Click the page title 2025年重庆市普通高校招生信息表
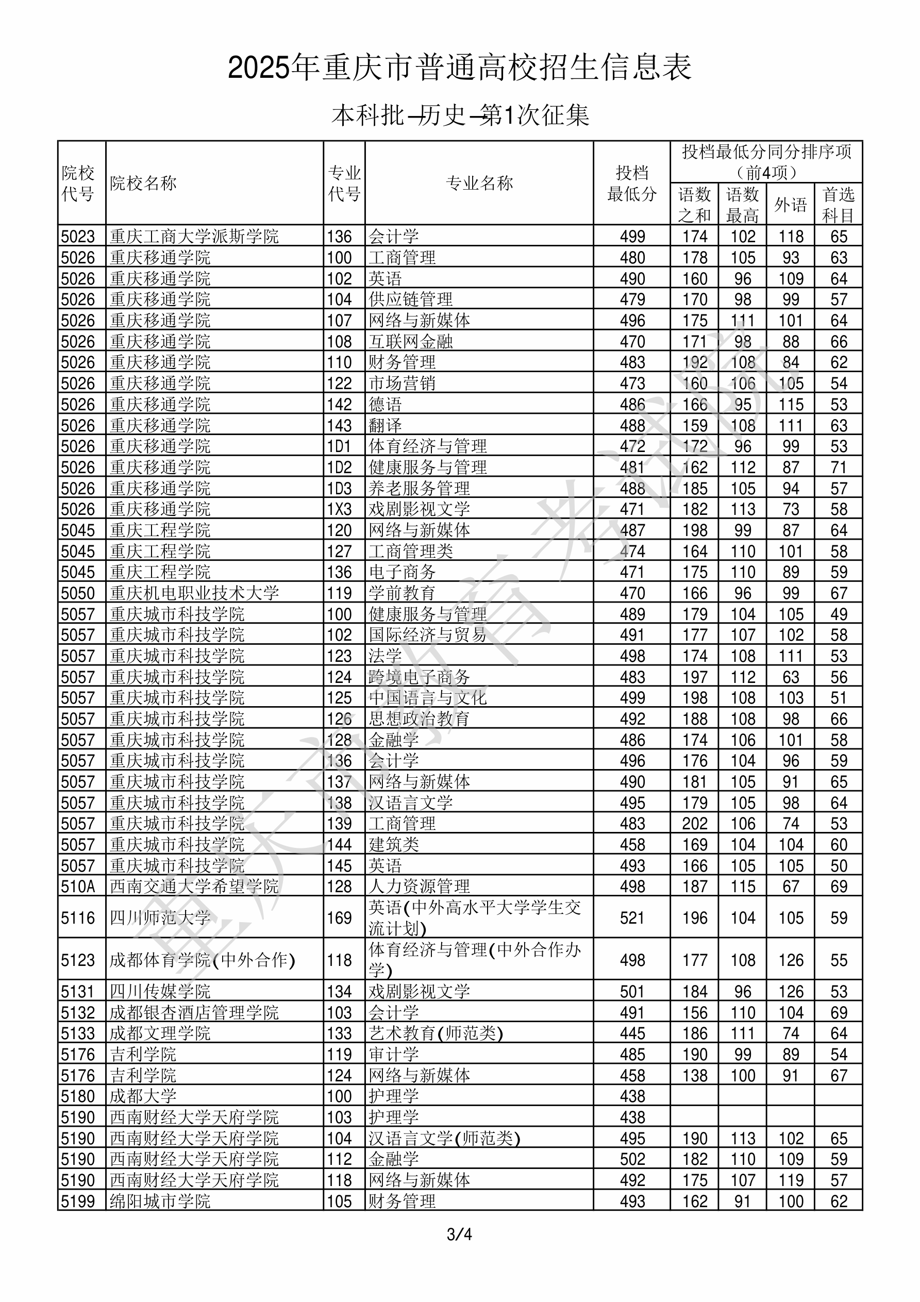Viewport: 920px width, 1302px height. point(459,68)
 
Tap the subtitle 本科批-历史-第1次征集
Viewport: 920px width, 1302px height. point(460,115)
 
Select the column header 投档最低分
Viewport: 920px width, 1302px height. point(631,183)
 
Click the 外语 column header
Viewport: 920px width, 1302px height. point(790,204)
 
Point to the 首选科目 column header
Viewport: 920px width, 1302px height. point(839,204)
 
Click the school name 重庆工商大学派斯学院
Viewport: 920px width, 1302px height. point(194,236)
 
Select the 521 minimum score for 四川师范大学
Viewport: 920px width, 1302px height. point(632,917)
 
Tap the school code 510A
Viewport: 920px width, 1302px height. point(78,887)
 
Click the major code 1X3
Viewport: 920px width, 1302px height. point(339,509)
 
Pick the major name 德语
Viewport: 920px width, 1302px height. point(385,404)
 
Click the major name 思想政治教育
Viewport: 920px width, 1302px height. point(419,719)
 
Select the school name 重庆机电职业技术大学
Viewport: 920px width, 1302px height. point(194,593)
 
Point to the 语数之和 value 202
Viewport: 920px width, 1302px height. point(694,823)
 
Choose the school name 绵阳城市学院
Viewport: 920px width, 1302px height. point(160,1201)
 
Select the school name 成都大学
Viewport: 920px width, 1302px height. point(143,1096)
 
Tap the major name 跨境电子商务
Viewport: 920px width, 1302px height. point(419,677)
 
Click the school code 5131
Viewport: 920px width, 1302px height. point(78,991)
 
